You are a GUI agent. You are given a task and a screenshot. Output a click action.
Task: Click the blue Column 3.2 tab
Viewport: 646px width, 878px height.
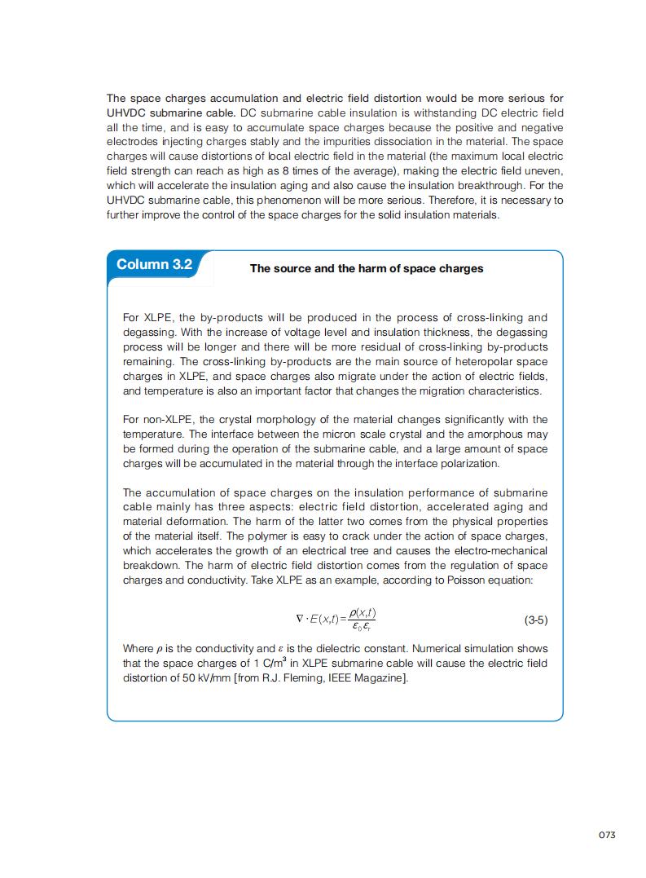pos(155,264)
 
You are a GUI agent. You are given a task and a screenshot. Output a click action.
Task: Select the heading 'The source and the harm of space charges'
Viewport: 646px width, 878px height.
pos(366,268)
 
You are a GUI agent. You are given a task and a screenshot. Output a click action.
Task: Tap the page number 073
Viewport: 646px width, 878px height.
pos(606,835)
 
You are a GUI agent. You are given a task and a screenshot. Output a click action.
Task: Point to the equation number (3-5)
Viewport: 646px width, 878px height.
pos(535,620)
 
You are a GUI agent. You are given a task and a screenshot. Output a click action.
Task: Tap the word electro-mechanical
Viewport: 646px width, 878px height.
pos(499,550)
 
